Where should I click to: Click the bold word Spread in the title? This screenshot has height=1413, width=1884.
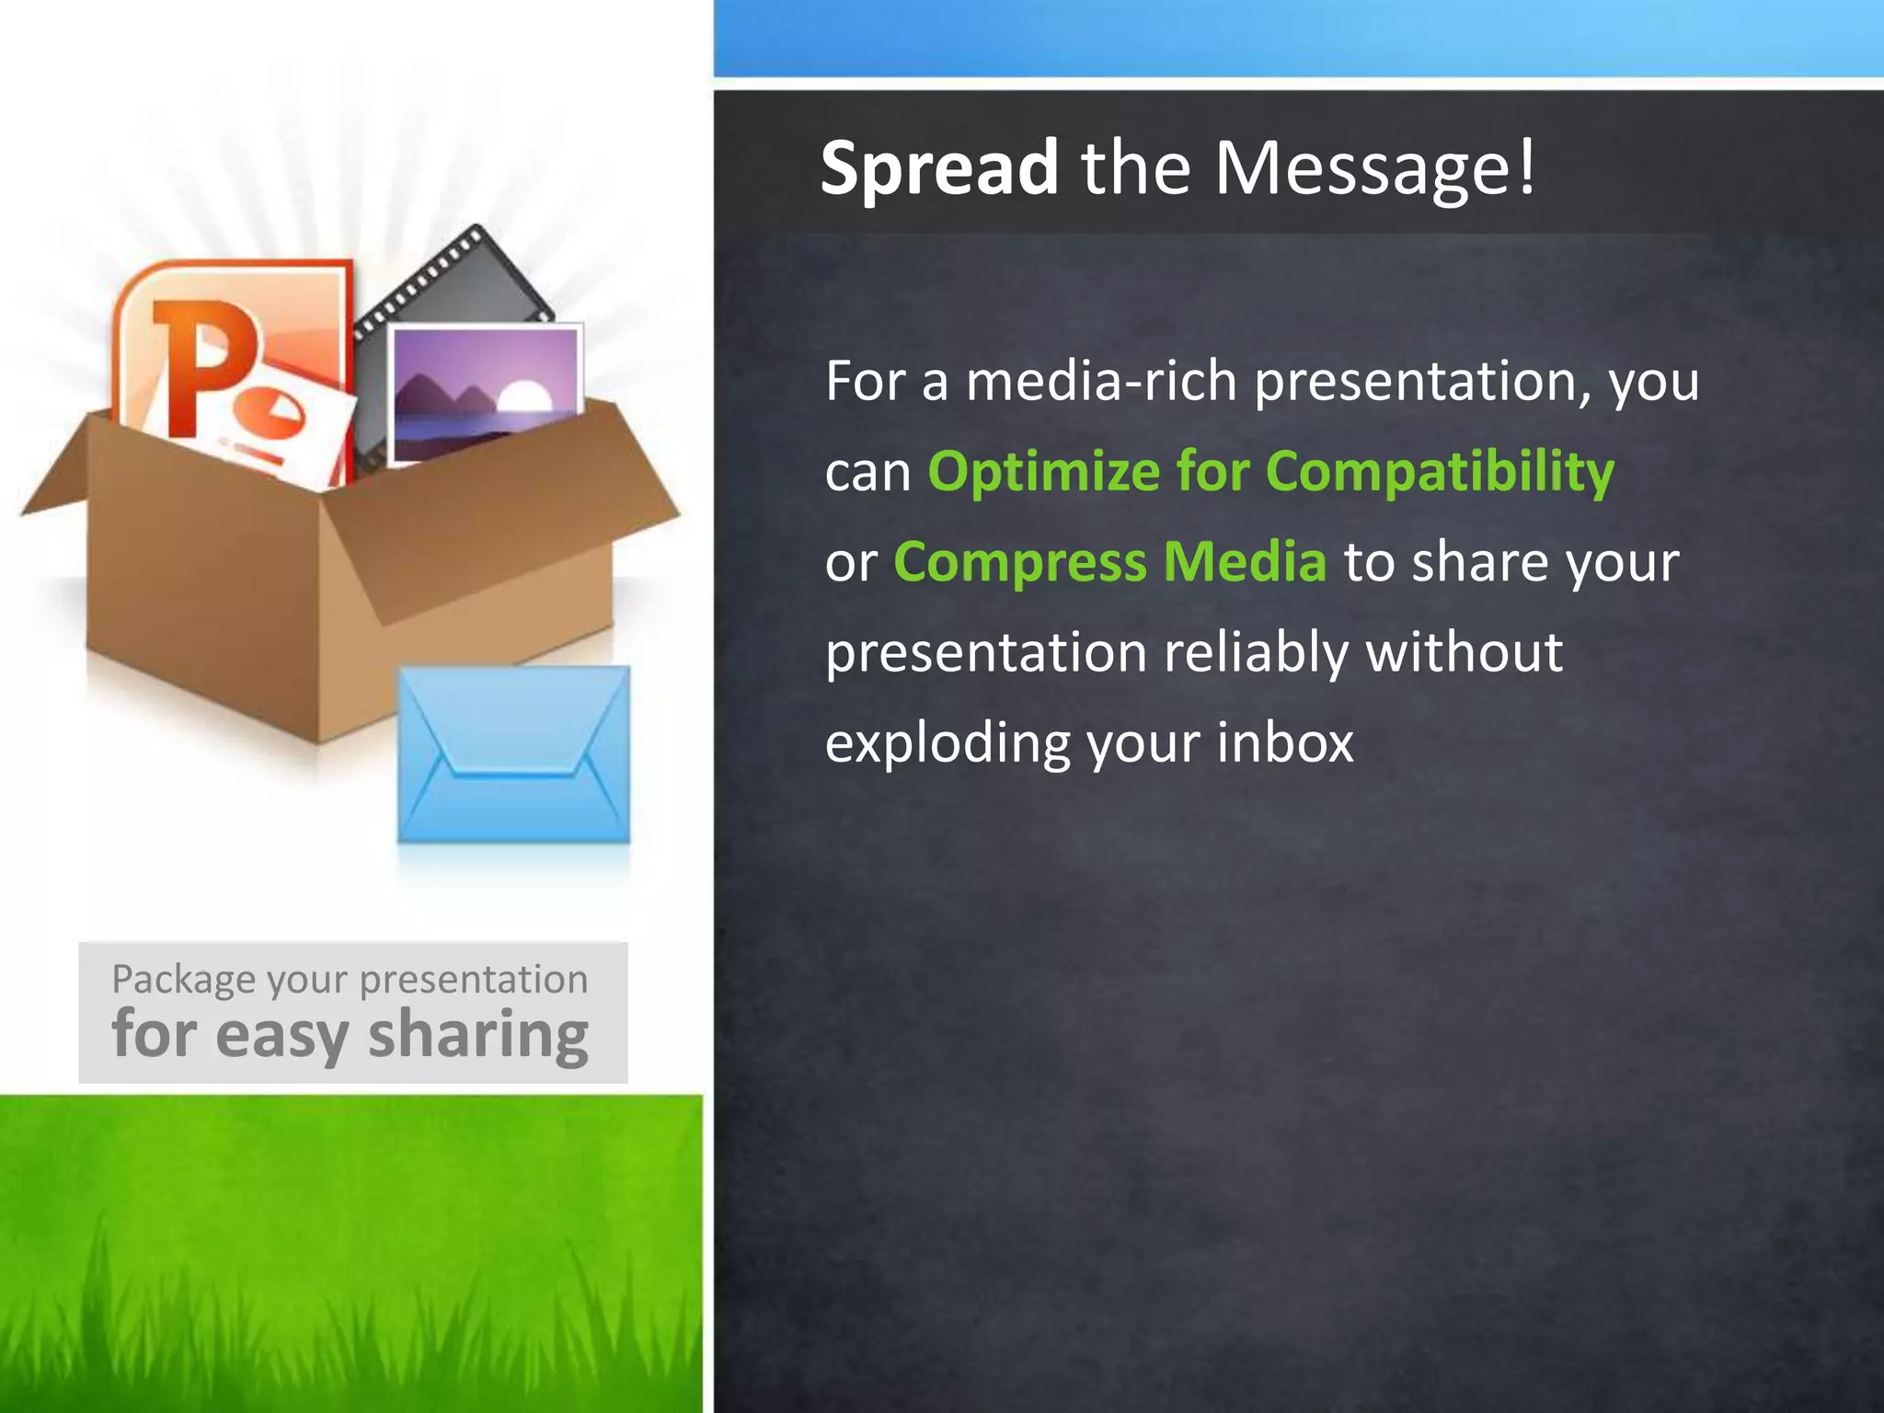tap(938, 168)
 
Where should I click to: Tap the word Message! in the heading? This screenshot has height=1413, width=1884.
tap(1375, 168)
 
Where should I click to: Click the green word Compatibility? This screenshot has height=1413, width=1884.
tap(1440, 472)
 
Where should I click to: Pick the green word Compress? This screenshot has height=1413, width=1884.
tap(1019, 562)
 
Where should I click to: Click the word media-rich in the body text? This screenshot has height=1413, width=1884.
tap(1101, 381)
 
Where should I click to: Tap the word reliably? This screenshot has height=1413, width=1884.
tap(1256, 652)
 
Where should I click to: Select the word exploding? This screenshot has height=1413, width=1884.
tap(948, 743)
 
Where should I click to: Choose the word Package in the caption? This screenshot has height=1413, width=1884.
tap(183, 980)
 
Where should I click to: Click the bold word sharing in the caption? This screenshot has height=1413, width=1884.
tap(478, 1035)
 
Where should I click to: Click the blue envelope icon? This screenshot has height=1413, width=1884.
tap(513, 754)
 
